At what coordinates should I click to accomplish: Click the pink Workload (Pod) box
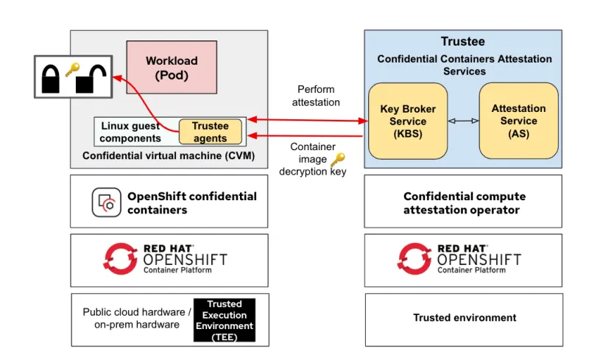click(172, 68)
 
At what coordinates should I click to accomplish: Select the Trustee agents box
click(210, 132)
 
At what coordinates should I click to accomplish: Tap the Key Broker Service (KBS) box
click(408, 121)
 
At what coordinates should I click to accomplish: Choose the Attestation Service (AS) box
click(518, 121)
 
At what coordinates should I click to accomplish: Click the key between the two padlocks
click(71, 70)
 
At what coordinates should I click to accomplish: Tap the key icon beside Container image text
click(337, 160)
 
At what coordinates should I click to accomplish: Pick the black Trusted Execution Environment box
click(224, 320)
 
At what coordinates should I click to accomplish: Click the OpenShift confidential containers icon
click(107, 202)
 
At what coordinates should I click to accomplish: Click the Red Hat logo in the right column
click(415, 258)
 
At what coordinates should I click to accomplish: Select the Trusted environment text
click(464, 318)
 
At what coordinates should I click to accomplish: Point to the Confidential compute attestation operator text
click(464, 203)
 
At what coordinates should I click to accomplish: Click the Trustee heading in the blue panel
click(462, 42)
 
